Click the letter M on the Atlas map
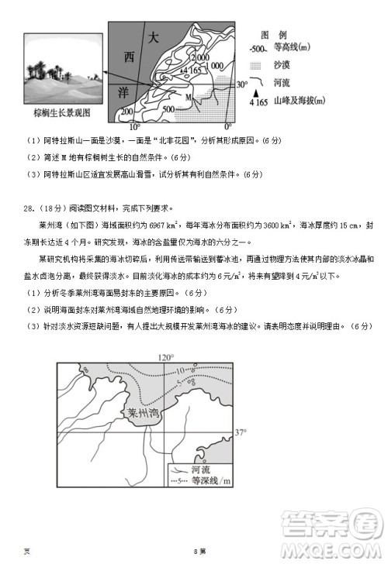click(189, 95)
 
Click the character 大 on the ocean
click(154, 37)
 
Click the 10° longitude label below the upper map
click(133, 126)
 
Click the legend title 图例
click(274, 36)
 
